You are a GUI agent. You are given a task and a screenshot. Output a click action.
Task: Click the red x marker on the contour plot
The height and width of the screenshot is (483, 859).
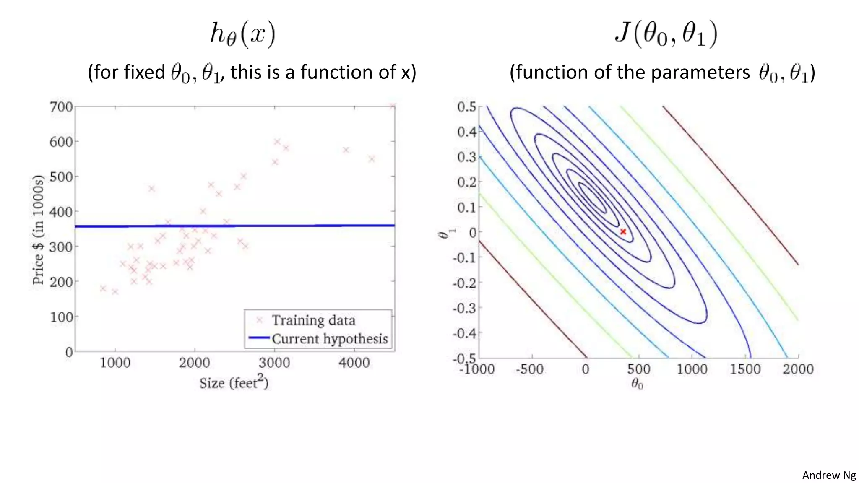click(x=623, y=231)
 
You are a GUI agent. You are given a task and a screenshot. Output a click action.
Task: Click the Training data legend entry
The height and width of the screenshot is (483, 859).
click(x=313, y=320)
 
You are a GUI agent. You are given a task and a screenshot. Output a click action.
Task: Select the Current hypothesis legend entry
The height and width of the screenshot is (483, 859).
click(x=329, y=339)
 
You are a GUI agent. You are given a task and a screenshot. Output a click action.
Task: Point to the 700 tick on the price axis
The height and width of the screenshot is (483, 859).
click(x=61, y=107)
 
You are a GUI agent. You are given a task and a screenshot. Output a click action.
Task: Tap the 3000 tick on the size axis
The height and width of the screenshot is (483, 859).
click(x=274, y=363)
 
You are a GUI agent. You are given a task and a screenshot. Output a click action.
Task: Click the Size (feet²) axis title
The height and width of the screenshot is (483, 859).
click(x=234, y=382)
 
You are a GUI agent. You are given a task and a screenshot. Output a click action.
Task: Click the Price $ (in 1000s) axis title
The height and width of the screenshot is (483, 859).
click(x=38, y=230)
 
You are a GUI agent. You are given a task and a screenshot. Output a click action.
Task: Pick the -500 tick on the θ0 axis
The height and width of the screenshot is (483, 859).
click(x=529, y=369)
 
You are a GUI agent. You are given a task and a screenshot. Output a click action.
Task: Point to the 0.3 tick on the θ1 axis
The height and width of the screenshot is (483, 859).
click(x=467, y=157)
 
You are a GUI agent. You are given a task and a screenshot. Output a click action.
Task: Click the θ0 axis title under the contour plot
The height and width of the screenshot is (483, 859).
click(x=637, y=384)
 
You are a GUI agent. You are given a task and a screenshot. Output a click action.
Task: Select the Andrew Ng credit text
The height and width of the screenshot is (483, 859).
click(x=829, y=475)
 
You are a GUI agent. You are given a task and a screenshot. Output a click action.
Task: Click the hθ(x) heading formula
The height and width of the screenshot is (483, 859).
click(x=242, y=34)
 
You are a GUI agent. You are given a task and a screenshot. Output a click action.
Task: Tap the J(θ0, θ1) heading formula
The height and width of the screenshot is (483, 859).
click(x=666, y=34)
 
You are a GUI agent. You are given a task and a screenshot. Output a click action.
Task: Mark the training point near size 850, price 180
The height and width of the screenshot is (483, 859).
click(x=103, y=288)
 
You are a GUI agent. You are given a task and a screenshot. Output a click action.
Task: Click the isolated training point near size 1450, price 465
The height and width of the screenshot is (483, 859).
click(x=151, y=189)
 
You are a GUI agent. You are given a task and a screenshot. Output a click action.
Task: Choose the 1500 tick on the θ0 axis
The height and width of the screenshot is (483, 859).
click(x=745, y=369)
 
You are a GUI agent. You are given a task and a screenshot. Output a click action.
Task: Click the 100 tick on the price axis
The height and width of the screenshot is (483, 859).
click(x=61, y=317)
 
